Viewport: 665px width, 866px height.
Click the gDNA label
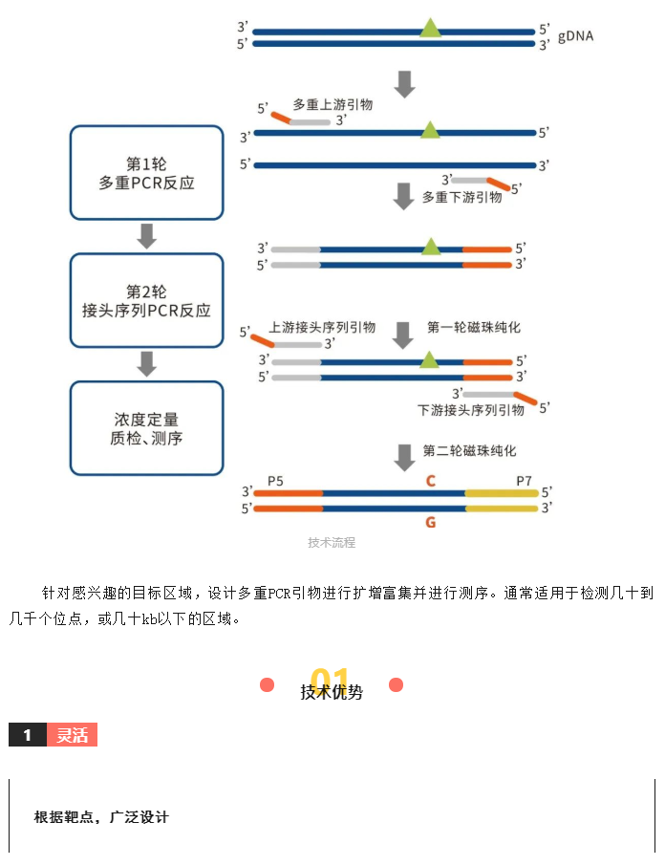[575, 36]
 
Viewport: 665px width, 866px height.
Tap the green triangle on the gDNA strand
[430, 28]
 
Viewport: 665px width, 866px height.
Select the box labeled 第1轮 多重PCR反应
[147, 173]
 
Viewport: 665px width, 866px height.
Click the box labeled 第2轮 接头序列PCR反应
[147, 300]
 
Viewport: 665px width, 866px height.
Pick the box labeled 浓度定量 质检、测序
[147, 428]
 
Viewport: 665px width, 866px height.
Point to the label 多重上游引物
[332, 104]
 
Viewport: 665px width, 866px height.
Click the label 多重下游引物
[461, 197]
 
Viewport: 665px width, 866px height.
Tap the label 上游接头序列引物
[322, 328]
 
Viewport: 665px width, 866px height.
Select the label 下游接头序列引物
[471, 410]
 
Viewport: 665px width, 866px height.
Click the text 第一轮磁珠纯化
[474, 328]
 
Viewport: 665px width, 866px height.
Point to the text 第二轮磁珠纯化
[470, 450]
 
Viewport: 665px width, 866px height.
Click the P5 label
[275, 481]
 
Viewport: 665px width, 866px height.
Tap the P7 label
[524, 481]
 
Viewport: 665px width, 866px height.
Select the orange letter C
[431, 481]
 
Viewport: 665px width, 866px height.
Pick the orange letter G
[431, 522]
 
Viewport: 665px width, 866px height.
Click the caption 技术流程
[332, 542]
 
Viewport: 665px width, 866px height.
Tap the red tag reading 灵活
[73, 734]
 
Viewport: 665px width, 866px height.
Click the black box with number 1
[28, 734]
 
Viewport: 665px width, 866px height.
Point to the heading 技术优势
[332, 691]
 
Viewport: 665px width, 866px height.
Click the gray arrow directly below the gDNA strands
[404, 84]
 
